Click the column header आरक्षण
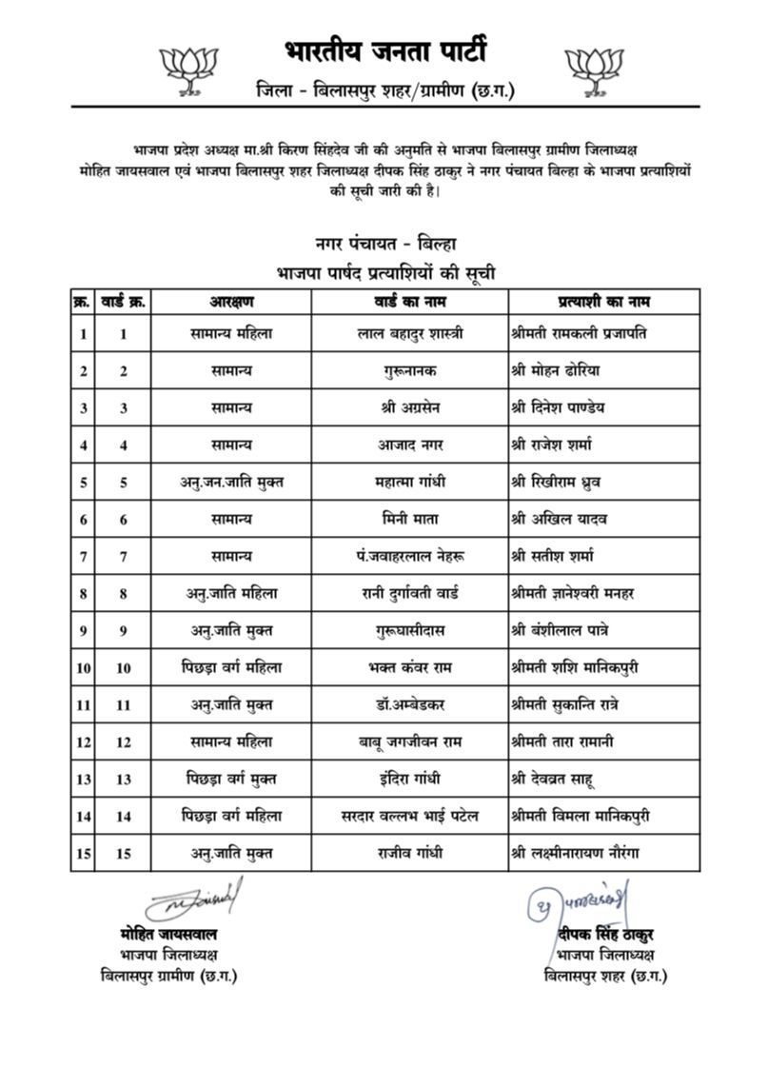click(x=232, y=302)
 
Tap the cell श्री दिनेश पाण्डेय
click(x=558, y=408)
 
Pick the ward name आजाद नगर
click(x=413, y=445)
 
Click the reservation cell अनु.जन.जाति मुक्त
click(x=232, y=483)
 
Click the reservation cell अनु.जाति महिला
click(x=232, y=594)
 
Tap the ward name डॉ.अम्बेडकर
click(x=413, y=705)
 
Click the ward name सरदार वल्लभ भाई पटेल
click(x=413, y=817)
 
